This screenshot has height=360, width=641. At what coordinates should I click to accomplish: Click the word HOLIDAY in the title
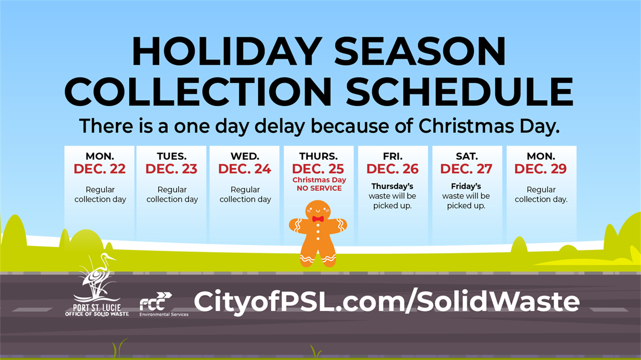click(227, 52)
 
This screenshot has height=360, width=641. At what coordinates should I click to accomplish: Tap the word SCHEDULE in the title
click(460, 92)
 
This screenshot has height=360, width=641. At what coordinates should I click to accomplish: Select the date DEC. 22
click(99, 169)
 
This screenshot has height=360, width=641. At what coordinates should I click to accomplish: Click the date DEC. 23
click(171, 169)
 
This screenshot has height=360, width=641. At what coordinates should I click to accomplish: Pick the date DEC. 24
click(245, 169)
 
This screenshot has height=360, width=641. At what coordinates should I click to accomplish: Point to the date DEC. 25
click(318, 169)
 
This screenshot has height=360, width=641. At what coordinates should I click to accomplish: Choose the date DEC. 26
click(393, 169)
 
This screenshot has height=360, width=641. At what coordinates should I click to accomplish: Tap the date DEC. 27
click(466, 169)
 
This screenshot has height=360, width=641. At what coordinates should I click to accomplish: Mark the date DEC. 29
click(541, 169)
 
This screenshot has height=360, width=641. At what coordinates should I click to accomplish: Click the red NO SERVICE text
click(319, 189)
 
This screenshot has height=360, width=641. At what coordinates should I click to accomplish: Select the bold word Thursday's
click(392, 186)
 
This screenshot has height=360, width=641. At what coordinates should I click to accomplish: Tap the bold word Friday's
click(466, 186)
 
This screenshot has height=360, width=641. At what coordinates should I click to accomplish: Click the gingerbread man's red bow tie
click(318, 219)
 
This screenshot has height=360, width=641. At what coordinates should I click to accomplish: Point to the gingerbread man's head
click(318, 210)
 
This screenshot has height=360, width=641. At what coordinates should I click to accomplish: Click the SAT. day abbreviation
click(467, 156)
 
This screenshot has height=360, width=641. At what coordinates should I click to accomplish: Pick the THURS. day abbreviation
click(318, 156)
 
